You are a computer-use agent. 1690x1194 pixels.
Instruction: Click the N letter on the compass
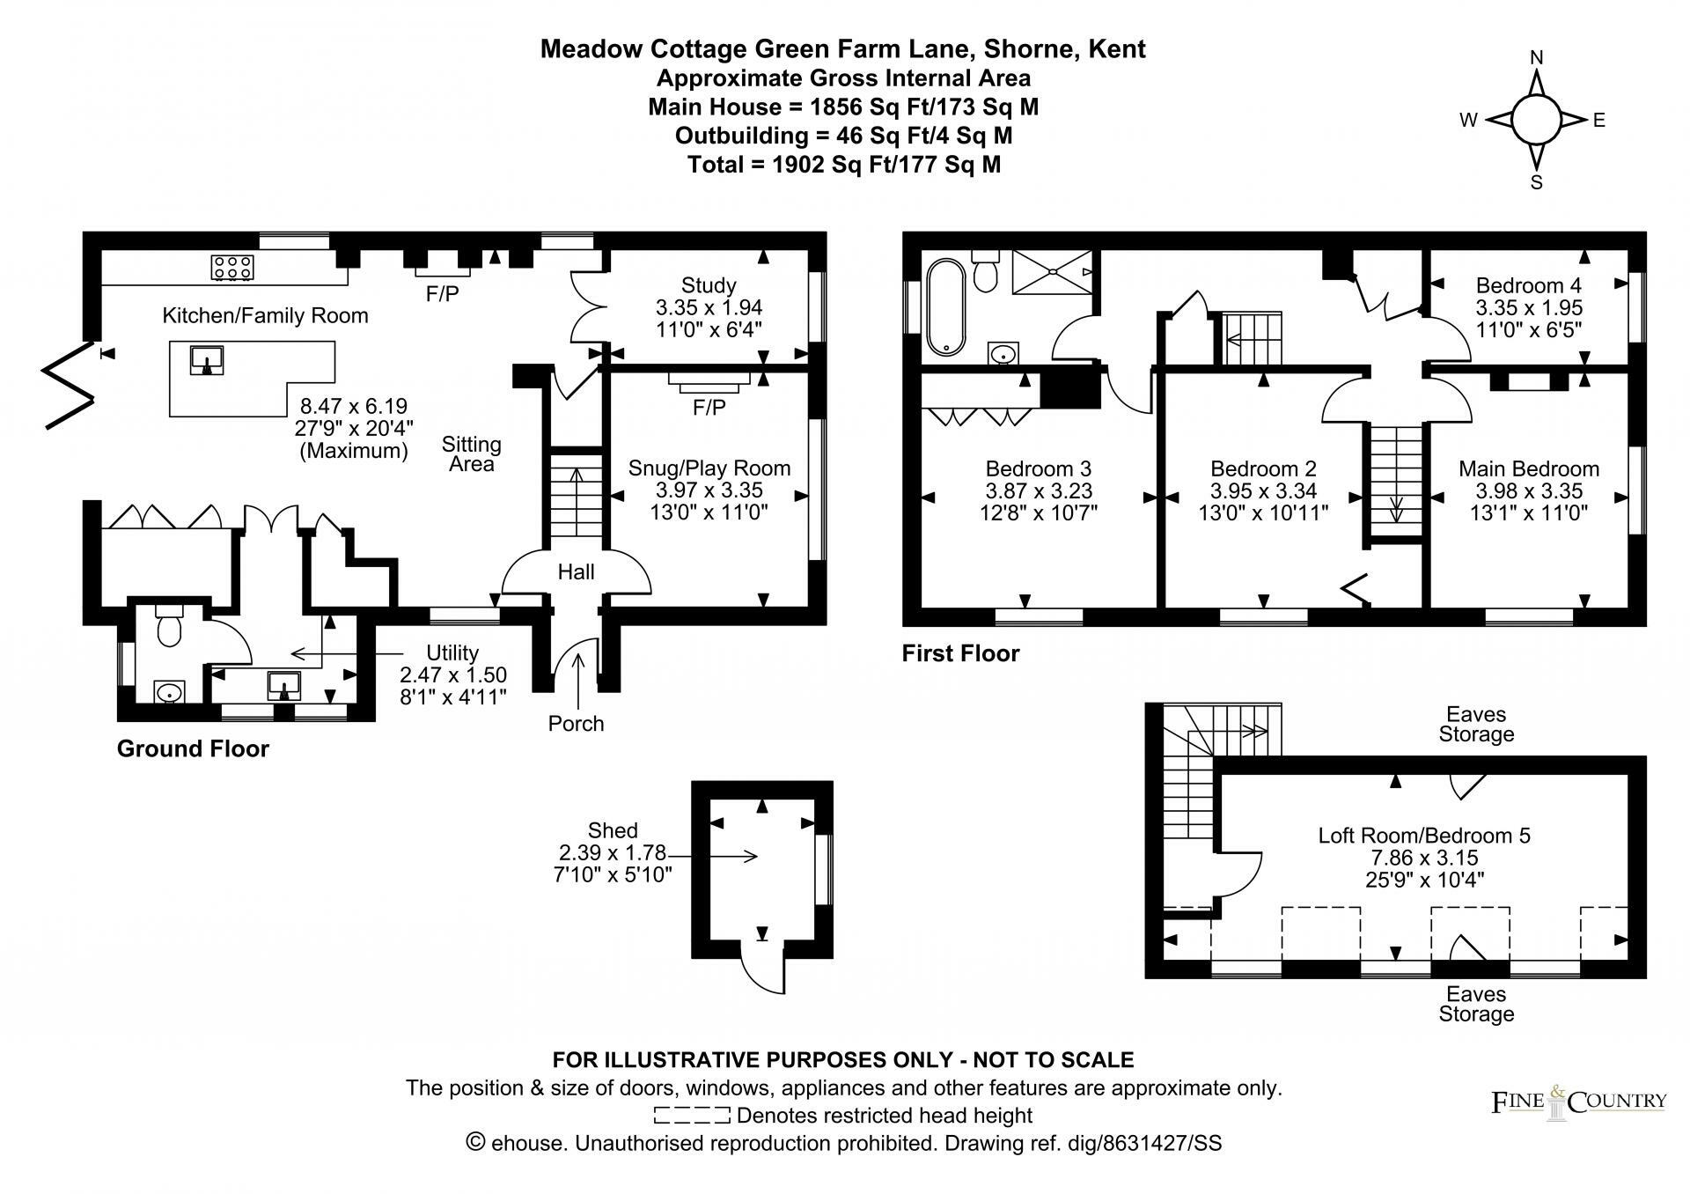point(1537,58)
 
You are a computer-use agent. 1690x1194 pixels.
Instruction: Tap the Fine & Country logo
point(1578,1102)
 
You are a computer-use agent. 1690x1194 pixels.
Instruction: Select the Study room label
point(709,285)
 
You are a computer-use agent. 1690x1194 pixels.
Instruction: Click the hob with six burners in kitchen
point(233,267)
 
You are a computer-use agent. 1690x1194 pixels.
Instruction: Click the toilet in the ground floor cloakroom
point(167,627)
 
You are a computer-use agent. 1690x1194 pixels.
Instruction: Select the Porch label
point(576,724)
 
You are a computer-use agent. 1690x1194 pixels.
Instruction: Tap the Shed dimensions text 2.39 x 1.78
point(613,852)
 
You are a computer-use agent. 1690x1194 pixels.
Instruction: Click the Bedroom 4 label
point(1528,285)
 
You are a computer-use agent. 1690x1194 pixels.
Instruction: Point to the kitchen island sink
point(208,359)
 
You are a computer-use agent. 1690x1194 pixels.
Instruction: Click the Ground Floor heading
point(193,749)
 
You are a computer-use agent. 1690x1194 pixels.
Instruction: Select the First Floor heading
point(960,653)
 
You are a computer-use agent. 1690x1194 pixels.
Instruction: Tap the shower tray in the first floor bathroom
point(1052,270)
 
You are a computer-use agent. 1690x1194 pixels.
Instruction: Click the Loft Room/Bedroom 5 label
point(1423,835)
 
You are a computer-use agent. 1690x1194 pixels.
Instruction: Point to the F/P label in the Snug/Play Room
point(709,408)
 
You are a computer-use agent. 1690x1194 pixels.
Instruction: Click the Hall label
point(576,572)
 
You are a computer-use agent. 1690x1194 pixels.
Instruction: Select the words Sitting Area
point(472,454)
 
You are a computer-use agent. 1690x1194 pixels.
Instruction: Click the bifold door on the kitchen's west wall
point(69,385)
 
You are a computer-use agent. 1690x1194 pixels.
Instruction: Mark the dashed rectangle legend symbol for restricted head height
point(692,1116)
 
